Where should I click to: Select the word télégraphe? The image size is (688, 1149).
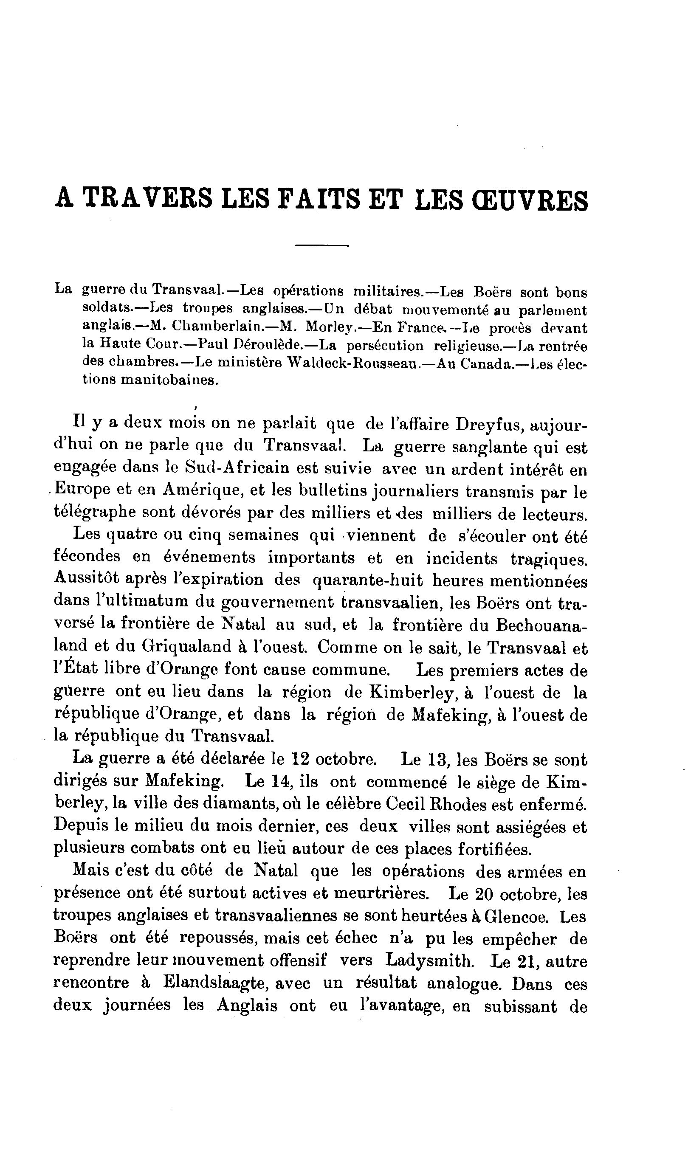click(95, 513)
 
